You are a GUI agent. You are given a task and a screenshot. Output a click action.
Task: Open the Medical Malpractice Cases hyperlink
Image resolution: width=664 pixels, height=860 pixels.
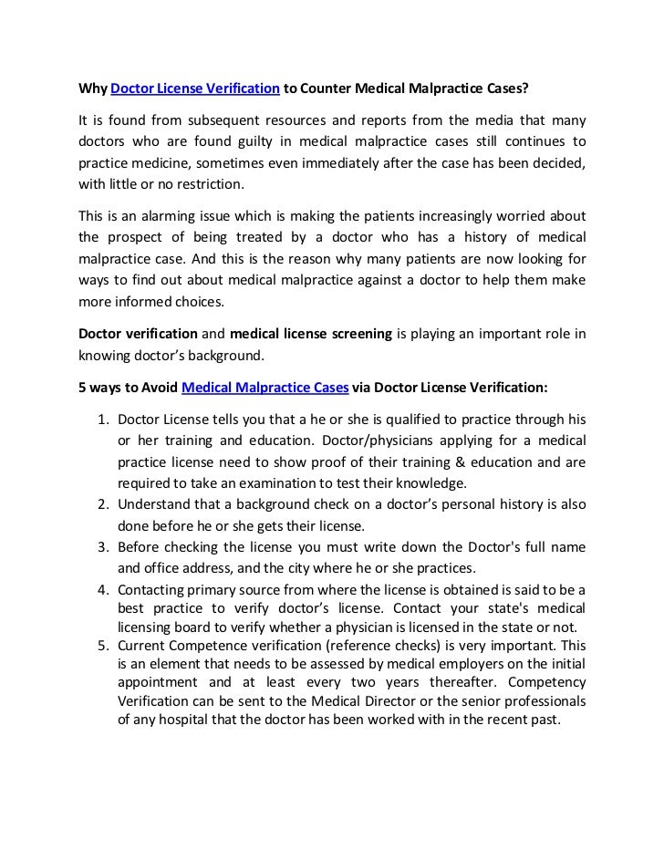coord(265,386)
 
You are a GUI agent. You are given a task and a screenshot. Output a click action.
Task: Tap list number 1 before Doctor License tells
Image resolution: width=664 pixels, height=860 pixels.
coord(101,420)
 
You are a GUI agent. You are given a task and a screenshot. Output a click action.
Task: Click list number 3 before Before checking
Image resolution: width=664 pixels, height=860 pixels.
coord(101,546)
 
